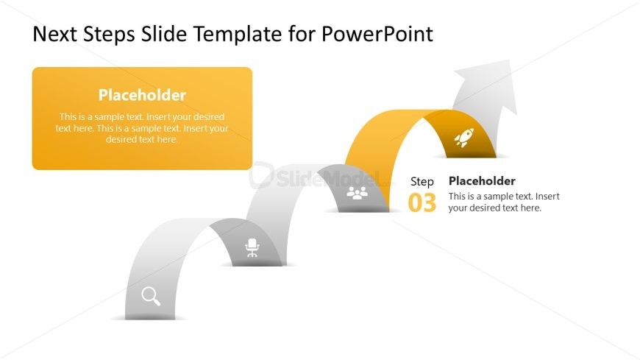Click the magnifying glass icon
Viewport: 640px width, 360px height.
151,296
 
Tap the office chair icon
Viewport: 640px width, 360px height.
252,247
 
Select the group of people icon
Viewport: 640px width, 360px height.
357,194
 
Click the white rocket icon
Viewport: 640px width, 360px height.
463,138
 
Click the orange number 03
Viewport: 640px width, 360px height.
422,203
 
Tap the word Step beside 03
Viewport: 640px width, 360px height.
422,181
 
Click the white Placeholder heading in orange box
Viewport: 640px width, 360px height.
142,95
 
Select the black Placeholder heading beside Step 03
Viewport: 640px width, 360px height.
482,181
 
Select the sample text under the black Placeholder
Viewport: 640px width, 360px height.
504,202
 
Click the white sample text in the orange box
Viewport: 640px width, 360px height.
142,128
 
